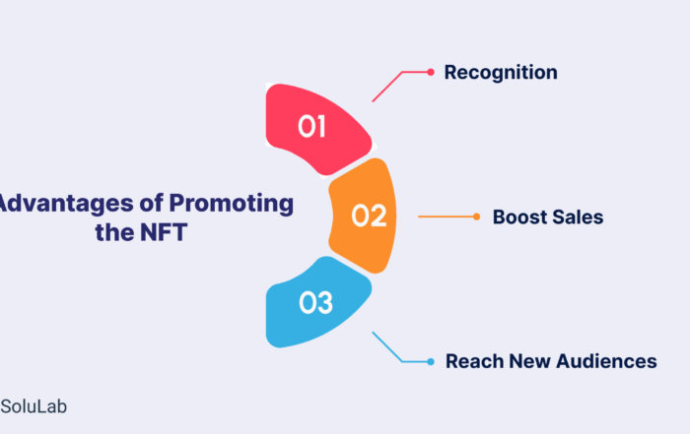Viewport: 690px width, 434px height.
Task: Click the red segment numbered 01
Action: pyautogui.click(x=316, y=129)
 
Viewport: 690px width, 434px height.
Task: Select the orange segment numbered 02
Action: pyautogui.click(x=363, y=216)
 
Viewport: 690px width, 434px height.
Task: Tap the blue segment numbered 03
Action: pyautogui.click(x=316, y=303)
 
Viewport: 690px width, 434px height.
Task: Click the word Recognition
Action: pyautogui.click(x=501, y=73)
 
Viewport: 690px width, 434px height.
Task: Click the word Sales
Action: pyautogui.click(x=578, y=217)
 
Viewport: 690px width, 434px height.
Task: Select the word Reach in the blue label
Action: pyautogui.click(x=474, y=361)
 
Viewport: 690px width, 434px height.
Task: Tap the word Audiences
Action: pyautogui.click(x=606, y=361)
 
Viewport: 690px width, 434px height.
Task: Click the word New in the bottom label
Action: pyautogui.click(x=529, y=361)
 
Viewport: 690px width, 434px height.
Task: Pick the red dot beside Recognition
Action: pyautogui.click(x=431, y=72)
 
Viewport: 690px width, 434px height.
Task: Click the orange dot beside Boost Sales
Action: pyautogui.click(x=476, y=217)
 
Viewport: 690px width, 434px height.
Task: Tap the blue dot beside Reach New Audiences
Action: pyautogui.click(x=431, y=361)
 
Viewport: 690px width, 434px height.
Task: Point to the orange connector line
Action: pyautogui.click(x=446, y=217)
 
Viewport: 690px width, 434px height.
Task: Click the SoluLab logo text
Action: pyautogui.click(x=34, y=406)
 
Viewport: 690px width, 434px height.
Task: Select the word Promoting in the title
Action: pyautogui.click(x=231, y=205)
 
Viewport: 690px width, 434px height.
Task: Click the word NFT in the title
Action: pyautogui.click(x=165, y=232)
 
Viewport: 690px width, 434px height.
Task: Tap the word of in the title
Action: pyautogui.click(x=151, y=204)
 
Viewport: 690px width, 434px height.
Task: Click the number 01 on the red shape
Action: pyautogui.click(x=312, y=127)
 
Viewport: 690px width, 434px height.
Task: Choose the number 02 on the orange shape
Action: pyautogui.click(x=370, y=217)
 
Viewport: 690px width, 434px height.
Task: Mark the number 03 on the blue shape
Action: pyautogui.click(x=315, y=303)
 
